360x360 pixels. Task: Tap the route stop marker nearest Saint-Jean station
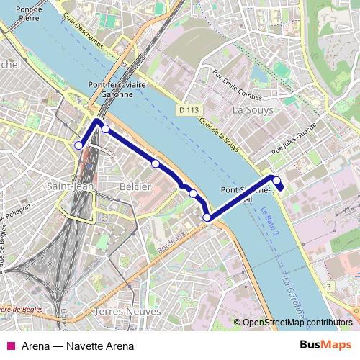(x=78, y=145)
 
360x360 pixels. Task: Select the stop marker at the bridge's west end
(x=207, y=217)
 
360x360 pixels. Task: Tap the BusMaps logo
(x=325, y=345)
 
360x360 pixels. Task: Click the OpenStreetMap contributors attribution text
(x=297, y=323)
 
